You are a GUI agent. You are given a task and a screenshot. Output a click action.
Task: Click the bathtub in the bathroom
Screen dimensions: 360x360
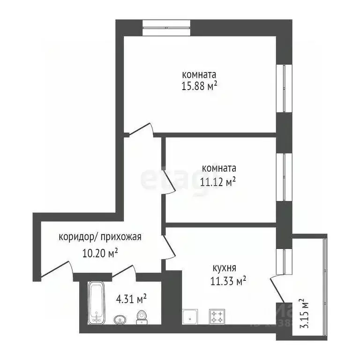[97, 303]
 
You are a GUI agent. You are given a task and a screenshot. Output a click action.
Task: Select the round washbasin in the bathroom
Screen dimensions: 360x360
[120, 320]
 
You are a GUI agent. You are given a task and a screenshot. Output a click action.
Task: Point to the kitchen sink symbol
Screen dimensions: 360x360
[190, 317]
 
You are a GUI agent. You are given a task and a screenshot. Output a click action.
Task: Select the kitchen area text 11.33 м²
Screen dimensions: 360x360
[228, 281]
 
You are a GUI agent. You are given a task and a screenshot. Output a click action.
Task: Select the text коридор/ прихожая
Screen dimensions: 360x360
[100, 237]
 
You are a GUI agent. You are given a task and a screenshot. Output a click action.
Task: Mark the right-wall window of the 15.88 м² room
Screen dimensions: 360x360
[284, 88]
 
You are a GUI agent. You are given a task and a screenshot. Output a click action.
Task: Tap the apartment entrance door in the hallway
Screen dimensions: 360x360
[56, 269]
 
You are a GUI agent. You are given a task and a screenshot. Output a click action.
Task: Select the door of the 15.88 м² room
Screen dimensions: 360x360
[141, 130]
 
